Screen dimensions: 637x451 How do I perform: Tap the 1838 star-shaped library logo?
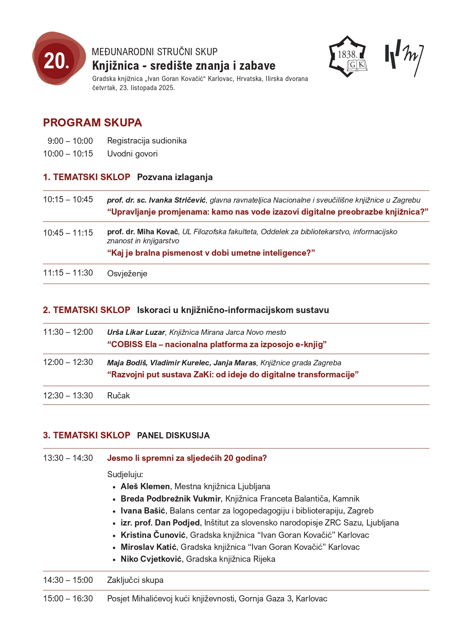[348, 57]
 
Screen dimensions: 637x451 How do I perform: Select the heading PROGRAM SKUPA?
[92, 123]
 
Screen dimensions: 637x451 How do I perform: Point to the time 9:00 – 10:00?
[70, 141]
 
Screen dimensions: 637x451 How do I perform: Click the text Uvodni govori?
[132, 154]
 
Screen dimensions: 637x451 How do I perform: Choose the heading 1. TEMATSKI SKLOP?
[86, 177]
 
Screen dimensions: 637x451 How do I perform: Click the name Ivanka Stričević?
[177, 200]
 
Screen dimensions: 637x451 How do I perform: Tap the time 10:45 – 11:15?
[68, 233]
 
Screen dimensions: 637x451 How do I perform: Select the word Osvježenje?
[127, 273]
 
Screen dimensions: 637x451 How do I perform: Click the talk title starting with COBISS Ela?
[217, 344]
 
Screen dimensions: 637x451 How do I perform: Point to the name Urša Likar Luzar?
[136, 332]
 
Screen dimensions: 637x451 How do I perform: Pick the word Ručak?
[118, 395]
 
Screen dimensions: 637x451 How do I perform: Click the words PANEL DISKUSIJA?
[173, 435]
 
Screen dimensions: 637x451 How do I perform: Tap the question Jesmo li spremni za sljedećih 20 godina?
[187, 458]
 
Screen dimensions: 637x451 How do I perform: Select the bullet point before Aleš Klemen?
[114, 487]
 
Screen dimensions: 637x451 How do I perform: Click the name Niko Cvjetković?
[151, 559]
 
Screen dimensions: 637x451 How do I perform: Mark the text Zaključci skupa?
[135, 580]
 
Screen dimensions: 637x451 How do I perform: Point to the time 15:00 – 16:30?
[68, 599]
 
